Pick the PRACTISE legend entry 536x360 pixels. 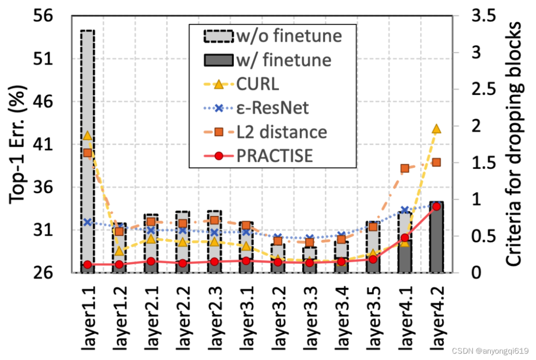(274, 155)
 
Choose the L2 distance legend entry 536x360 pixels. (281, 132)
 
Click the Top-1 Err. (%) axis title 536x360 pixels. (18, 144)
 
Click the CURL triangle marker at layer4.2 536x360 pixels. (436, 129)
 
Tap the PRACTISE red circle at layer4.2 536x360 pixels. (436, 206)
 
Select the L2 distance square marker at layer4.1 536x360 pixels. (404, 168)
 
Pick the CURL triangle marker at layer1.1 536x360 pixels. (87, 136)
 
